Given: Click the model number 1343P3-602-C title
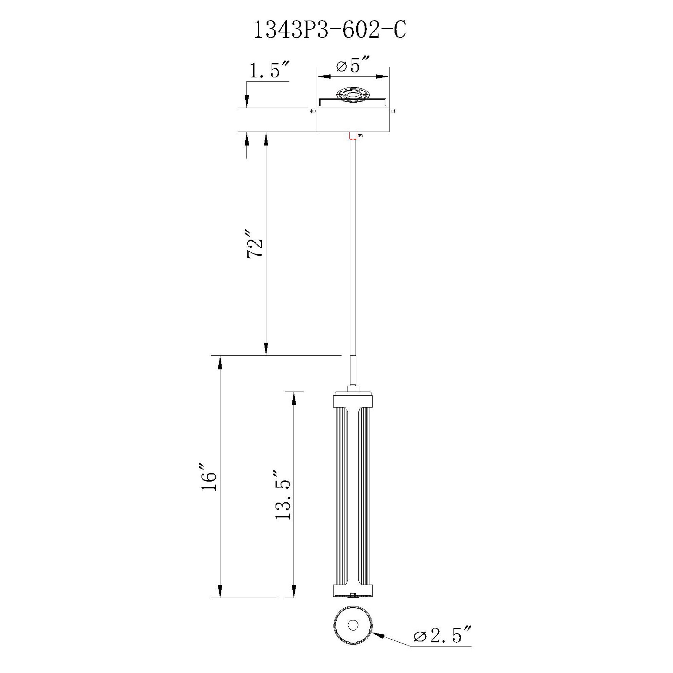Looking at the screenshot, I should tap(329, 30).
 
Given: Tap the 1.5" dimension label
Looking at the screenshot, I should tap(269, 70).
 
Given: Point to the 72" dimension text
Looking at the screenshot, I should tap(255, 244).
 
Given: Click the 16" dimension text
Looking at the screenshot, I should tap(209, 477).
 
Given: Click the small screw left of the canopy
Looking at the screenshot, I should tap(313, 111).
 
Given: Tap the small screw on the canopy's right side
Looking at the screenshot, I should tap(393, 111).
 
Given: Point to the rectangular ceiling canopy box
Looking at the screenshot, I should tap(353, 120).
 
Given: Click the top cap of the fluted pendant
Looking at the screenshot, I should tap(353, 399).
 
